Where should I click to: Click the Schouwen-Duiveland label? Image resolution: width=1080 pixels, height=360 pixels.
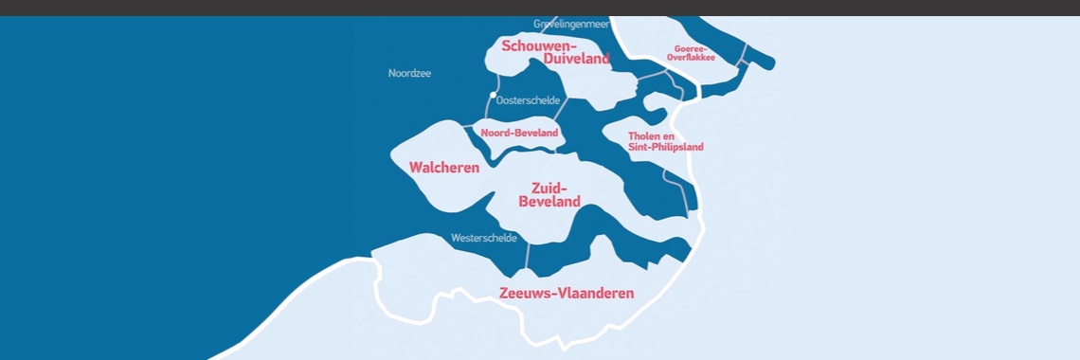pos(555,52)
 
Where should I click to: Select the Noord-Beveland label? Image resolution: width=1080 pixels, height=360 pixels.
pos(519,133)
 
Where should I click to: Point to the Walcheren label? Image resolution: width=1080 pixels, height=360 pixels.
pos(443,168)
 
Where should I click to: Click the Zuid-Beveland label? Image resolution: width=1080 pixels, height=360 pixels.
pos(549,194)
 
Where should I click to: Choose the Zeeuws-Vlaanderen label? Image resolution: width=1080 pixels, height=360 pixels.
pos(567,293)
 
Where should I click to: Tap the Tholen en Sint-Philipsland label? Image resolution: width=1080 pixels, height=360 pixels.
pos(665,141)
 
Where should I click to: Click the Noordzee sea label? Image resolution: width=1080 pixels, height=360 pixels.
pos(409,73)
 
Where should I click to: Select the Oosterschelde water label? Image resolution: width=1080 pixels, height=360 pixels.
pos(528,100)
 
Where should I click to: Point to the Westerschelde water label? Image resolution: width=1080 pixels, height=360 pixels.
pos(484,238)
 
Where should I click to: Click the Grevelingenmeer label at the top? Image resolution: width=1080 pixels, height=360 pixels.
pos(570,24)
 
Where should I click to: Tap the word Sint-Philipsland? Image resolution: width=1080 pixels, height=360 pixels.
pos(665,147)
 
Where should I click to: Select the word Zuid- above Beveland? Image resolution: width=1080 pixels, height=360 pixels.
pos(549,188)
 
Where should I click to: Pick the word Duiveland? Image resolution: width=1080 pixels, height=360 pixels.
pos(576,59)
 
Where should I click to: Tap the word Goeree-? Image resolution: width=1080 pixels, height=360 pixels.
pos(690,48)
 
